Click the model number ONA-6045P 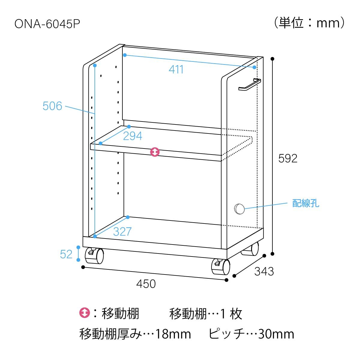(x=47, y=24)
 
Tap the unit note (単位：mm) (x=309, y=23)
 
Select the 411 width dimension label (x=176, y=69)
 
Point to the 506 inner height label (x=52, y=106)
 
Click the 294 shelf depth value (x=133, y=136)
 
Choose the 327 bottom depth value (x=122, y=232)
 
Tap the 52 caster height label (x=66, y=254)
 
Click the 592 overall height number (x=288, y=158)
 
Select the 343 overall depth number (x=264, y=271)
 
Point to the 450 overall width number (x=146, y=284)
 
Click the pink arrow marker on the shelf (x=155, y=152)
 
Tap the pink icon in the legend (x=85, y=313)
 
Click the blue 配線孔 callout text (x=306, y=203)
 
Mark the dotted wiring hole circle (x=239, y=209)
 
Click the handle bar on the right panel (x=250, y=85)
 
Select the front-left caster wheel (x=94, y=255)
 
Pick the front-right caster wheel (x=220, y=267)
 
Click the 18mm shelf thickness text (x=173, y=334)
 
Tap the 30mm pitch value (x=276, y=334)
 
